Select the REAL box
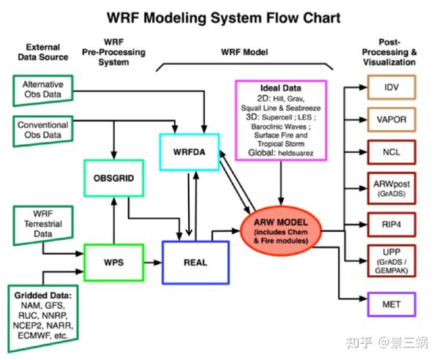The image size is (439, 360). [195, 261]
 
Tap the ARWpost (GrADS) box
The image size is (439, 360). [391, 189]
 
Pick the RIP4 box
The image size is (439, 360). [391, 224]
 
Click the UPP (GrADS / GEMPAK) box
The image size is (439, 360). [391, 260]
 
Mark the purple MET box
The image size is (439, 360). [391, 302]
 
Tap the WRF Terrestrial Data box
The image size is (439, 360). [38, 222]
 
